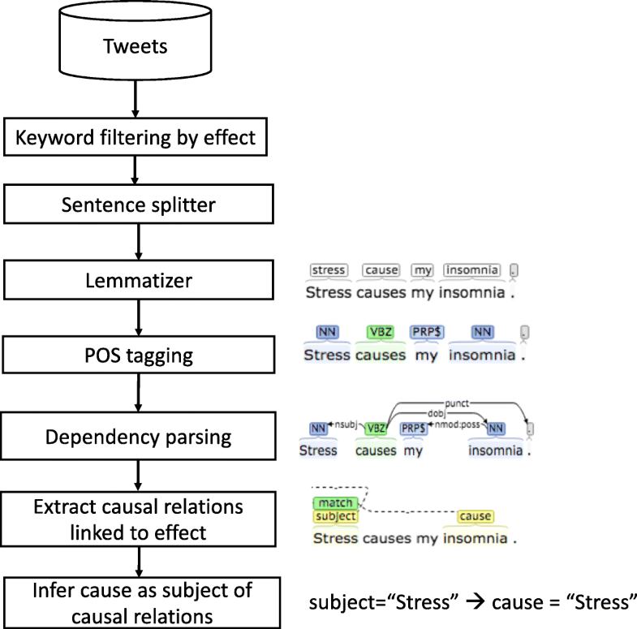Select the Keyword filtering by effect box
tap(136, 138)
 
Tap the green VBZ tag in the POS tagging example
tap(380, 332)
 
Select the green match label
tap(334, 503)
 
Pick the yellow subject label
tap(335, 516)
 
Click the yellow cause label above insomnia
tap(475, 516)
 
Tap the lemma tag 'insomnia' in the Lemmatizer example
tap(472, 270)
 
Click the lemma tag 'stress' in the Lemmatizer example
tap(329, 270)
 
